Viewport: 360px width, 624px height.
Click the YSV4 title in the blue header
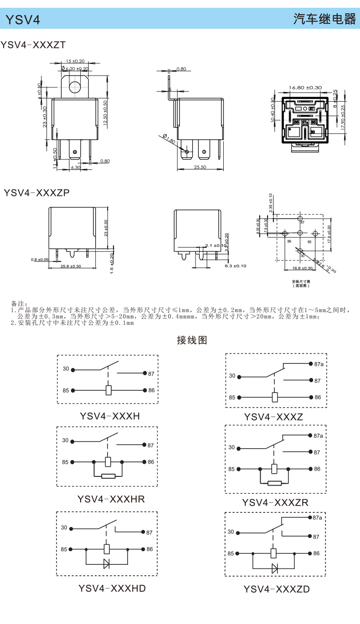tap(22, 20)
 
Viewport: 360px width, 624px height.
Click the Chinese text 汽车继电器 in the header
tap(324, 19)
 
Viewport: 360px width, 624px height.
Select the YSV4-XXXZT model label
tap(33, 45)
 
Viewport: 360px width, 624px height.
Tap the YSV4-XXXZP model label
tap(36, 193)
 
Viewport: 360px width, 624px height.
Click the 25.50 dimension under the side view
tap(200, 167)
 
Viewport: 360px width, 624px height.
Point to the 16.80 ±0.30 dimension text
tap(305, 87)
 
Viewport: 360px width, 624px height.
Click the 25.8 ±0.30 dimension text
tap(71, 266)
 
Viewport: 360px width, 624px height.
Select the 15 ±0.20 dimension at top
tap(75, 61)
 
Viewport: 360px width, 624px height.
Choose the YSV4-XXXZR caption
tap(275, 502)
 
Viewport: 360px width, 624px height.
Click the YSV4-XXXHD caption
tap(112, 588)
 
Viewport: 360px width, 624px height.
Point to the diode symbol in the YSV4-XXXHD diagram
tap(107, 563)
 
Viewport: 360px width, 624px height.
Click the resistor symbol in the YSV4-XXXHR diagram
tap(108, 476)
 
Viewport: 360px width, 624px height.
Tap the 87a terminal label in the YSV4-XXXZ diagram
tap(318, 364)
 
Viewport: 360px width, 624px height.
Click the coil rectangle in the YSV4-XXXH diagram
tap(108, 390)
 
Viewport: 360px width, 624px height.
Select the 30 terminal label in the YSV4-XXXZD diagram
tap(231, 532)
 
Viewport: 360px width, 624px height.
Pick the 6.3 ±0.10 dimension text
tap(235, 266)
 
